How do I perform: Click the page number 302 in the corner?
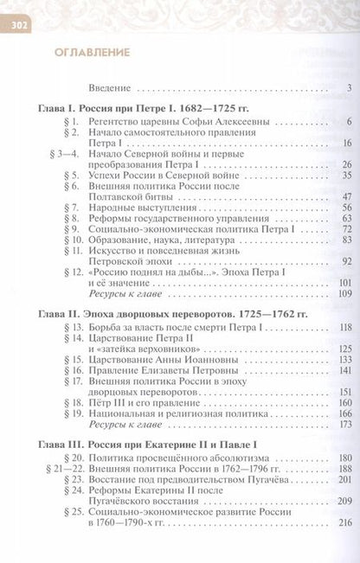pyautogui.click(x=18, y=24)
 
